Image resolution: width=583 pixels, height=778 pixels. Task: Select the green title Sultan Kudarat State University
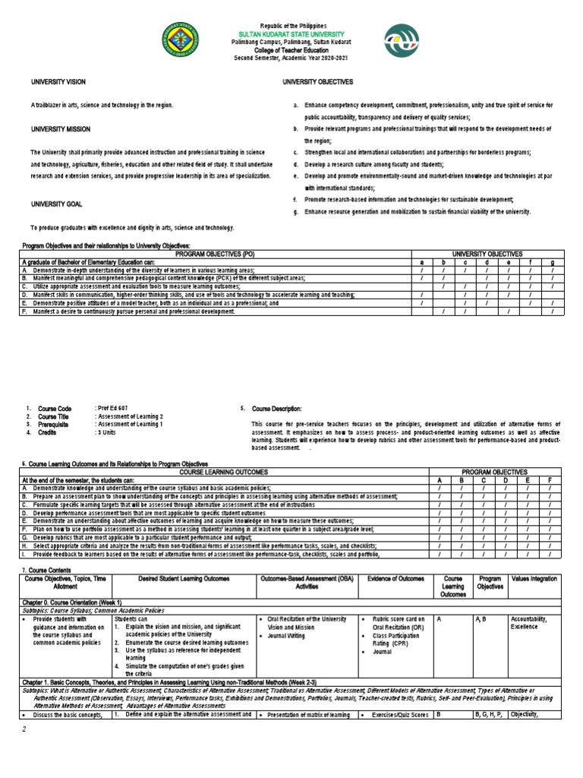coord(292,34)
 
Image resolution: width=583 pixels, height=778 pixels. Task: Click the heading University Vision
coord(58,81)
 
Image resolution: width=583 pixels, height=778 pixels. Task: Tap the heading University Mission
coord(60,129)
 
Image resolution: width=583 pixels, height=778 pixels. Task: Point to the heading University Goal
coord(55,204)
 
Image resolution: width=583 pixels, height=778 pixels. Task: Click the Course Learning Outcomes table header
coord(225,472)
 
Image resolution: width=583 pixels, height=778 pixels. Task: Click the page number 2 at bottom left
coord(24,729)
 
